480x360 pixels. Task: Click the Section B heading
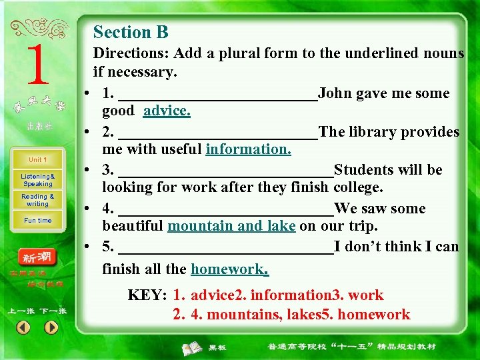131,32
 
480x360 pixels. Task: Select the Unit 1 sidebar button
37,160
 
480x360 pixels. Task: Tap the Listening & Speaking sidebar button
37,180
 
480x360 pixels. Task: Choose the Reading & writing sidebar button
37,200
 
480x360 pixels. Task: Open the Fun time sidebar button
37,221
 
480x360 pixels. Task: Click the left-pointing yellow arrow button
23,327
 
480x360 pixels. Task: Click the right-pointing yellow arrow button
51,327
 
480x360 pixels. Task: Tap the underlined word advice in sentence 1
167,111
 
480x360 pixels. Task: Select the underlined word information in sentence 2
248,149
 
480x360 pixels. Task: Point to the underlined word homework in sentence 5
229,269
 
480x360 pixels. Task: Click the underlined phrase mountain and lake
231,226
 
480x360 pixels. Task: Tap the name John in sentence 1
337,93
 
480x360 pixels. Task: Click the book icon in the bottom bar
193,347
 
